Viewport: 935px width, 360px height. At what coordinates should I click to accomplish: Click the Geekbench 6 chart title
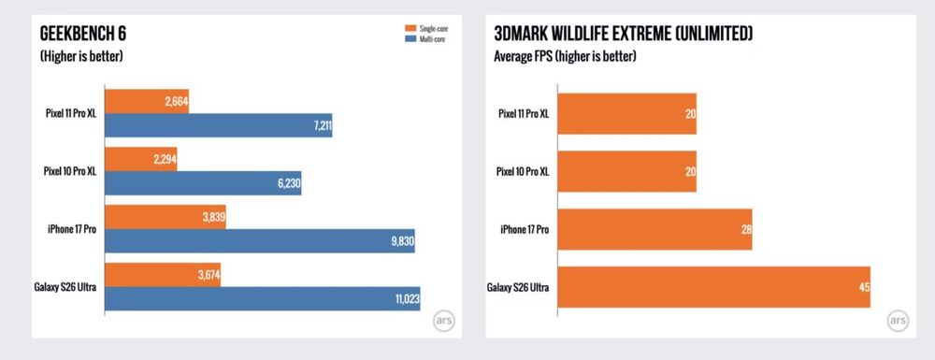pyautogui.click(x=83, y=34)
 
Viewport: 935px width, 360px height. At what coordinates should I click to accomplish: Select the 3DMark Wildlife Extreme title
pyautogui.click(x=623, y=34)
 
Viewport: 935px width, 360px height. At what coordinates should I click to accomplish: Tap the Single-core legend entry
pyautogui.click(x=424, y=28)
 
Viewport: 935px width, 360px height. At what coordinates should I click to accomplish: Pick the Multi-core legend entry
pyautogui.click(x=424, y=38)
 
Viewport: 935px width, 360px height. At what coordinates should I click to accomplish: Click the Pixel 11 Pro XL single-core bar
pyautogui.click(x=148, y=101)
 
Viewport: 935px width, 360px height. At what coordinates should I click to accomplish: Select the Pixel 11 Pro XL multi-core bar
pyautogui.click(x=219, y=125)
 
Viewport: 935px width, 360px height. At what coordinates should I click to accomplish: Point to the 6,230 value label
pyautogui.click(x=287, y=183)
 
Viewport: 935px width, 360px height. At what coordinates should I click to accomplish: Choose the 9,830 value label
pyautogui.click(x=401, y=241)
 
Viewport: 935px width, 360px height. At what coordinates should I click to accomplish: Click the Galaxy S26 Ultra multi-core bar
pyautogui.click(x=263, y=298)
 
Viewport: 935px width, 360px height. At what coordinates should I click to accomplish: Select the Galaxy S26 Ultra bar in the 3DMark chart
pyautogui.click(x=713, y=287)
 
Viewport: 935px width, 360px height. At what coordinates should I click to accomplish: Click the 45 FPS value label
pyautogui.click(x=864, y=287)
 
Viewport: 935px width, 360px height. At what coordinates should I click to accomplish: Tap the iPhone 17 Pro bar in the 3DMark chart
pyautogui.click(x=654, y=229)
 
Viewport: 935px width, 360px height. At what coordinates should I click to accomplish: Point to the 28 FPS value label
pyautogui.click(x=746, y=229)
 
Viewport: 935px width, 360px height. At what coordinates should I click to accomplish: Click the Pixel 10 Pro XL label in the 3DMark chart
pyautogui.click(x=523, y=172)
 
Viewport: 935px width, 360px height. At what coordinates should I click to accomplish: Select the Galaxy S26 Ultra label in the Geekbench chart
pyautogui.click(x=66, y=287)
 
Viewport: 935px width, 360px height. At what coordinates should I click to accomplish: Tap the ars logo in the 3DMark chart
pyautogui.click(x=898, y=321)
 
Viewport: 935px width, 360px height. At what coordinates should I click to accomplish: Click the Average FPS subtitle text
pyautogui.click(x=565, y=57)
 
